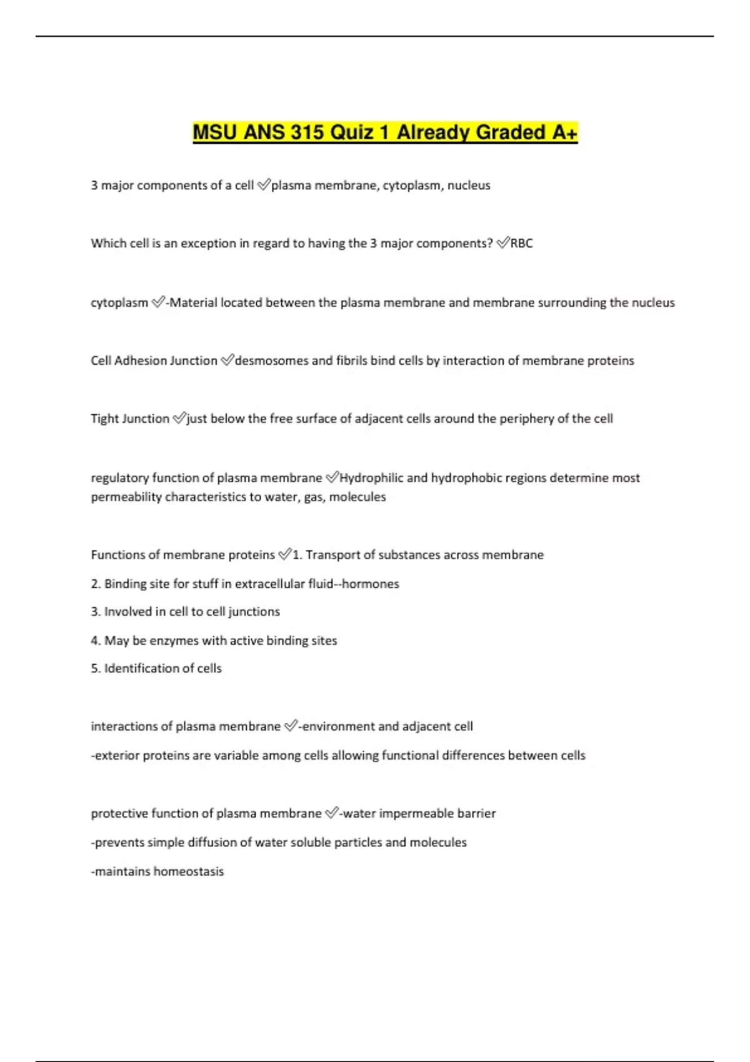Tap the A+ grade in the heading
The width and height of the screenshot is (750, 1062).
pos(564,132)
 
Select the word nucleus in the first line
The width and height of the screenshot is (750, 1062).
pos(469,186)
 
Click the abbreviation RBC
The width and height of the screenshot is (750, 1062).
pos(522,244)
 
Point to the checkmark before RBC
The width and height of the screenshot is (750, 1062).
pos(503,243)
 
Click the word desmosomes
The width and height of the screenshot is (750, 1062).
pos(271,360)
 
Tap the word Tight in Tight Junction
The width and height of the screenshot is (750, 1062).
pos(104,419)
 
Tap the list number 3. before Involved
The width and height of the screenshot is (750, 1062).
pos(96,612)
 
